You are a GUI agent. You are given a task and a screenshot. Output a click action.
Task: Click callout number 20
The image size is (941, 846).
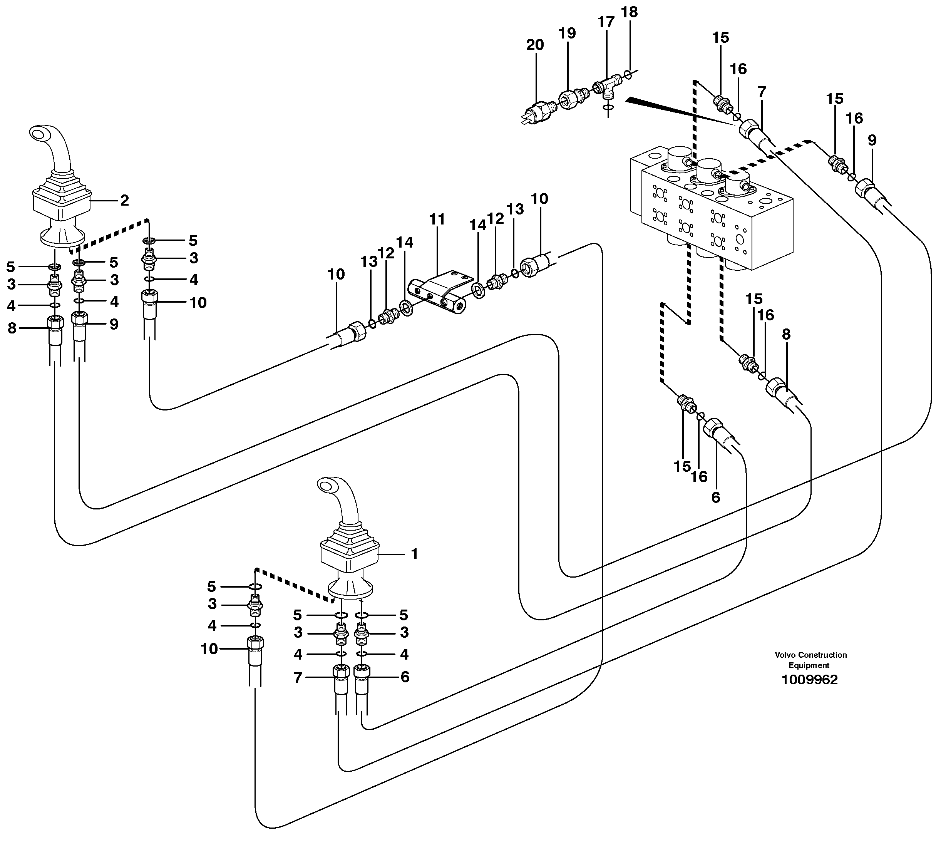coord(535,45)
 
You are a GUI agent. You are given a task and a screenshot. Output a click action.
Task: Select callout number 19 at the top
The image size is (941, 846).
coord(567,34)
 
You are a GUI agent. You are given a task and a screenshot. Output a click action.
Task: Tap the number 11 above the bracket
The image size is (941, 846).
coord(437,219)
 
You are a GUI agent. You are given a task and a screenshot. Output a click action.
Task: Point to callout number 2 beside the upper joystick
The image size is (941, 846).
coord(124,201)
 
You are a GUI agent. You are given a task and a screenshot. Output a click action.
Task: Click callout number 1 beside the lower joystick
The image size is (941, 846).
coord(415,554)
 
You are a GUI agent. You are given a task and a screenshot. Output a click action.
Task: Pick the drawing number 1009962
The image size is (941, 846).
coord(809,680)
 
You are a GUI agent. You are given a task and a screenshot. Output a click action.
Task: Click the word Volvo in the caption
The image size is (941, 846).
coord(785,655)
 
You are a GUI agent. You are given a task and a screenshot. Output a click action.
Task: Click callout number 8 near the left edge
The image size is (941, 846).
coord(12,328)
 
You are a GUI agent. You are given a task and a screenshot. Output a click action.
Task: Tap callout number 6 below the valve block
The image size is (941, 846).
coord(716,498)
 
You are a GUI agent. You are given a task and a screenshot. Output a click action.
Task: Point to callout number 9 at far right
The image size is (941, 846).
coord(872,141)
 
